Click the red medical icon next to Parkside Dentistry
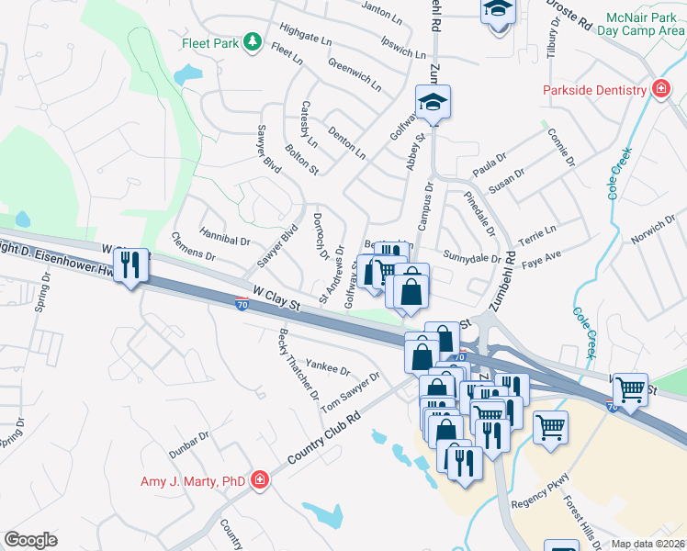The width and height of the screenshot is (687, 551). pyautogui.click(x=659, y=89)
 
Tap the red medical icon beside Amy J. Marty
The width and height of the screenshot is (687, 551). pyautogui.click(x=260, y=479)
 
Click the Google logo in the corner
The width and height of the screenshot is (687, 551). pyautogui.click(x=30, y=539)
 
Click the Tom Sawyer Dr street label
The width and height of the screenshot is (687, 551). pyautogui.click(x=350, y=389)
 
